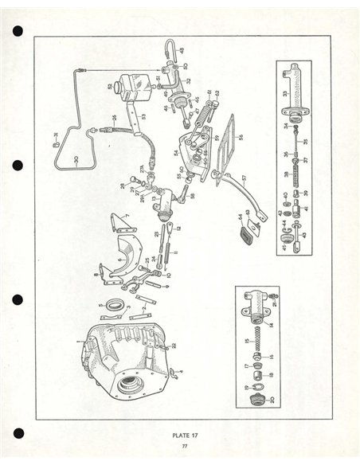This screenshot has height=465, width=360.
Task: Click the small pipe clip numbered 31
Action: (x=57, y=144)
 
